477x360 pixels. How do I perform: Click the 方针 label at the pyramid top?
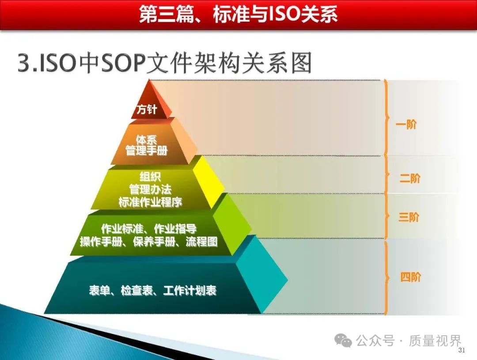coord(147,109)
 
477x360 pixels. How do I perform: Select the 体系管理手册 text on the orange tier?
coord(147,145)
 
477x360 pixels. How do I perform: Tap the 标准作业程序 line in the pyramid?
coord(150,202)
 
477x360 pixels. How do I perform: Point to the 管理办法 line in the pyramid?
coord(150,189)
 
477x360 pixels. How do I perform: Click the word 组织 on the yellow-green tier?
coord(150,177)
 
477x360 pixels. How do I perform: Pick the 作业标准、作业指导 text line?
coord(149,228)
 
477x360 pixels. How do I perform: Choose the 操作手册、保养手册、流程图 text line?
coord(149,242)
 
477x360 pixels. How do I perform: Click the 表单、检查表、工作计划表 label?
coord(153,290)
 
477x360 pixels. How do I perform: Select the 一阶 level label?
coord(406,124)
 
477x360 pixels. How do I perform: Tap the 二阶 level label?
coord(410,178)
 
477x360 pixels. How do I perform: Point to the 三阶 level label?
coord(409,217)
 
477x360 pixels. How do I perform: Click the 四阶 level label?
coord(410,277)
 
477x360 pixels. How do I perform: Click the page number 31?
coord(462,350)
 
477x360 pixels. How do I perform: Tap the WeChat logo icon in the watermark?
coord(343,340)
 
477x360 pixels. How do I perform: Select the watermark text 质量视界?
coord(435,341)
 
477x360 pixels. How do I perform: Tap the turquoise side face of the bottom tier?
coord(261,274)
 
